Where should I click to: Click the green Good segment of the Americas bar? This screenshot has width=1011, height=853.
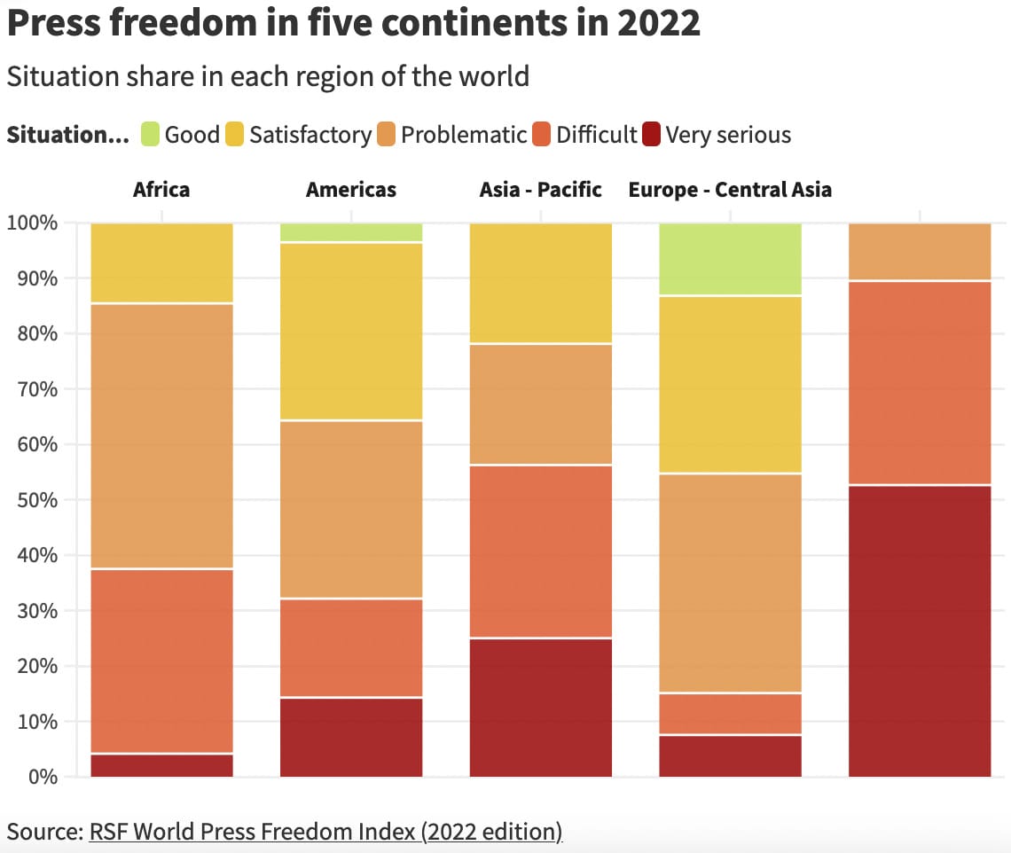tap(351, 232)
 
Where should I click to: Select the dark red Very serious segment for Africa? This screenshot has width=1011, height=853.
tap(161, 766)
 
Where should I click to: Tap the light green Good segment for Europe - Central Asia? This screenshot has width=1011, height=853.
tap(731, 259)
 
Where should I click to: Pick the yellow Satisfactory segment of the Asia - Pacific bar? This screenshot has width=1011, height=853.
tap(540, 283)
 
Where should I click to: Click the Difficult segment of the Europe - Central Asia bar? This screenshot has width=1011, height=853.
tap(731, 715)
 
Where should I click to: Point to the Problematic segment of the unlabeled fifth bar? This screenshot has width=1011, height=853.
tap(920, 252)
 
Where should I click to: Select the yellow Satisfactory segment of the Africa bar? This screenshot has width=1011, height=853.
tap(161, 263)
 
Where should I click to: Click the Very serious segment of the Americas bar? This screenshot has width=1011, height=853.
tap(351, 738)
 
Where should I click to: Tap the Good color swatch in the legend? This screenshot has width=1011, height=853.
tap(151, 135)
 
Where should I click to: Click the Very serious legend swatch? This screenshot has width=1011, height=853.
tap(652, 135)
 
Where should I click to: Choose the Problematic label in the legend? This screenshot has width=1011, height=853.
tap(464, 135)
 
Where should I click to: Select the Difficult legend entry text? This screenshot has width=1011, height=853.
tap(597, 135)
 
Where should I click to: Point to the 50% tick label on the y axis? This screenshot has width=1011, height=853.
tap(33, 500)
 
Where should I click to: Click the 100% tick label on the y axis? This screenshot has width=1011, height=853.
tap(33, 223)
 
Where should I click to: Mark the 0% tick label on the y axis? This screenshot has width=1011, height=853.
tap(40, 778)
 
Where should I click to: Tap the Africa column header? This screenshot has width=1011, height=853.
tap(161, 189)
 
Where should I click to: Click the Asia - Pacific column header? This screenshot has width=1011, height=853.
tap(540, 189)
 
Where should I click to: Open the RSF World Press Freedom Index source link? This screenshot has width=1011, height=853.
tap(325, 832)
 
